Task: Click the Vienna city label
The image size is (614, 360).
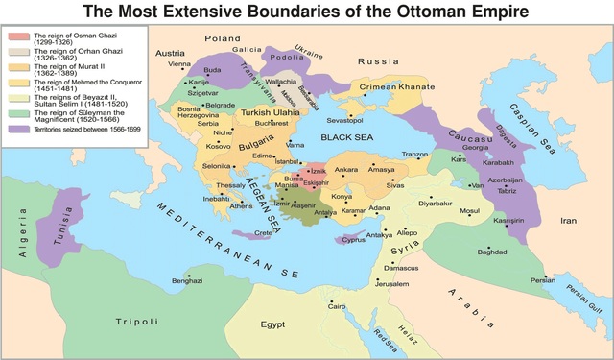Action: click(179, 65)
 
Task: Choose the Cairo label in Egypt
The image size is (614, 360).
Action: click(336, 306)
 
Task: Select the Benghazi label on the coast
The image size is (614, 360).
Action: click(187, 280)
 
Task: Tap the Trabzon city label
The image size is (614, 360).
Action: click(415, 154)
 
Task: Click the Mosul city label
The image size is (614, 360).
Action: click(468, 209)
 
